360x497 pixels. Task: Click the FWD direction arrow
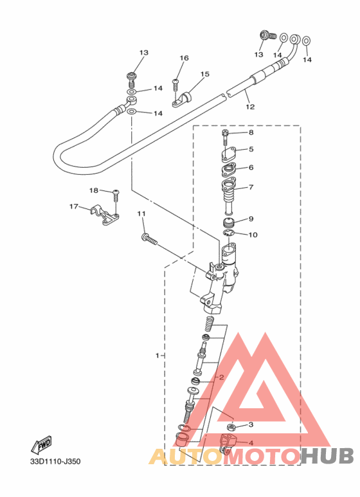coord(42,445)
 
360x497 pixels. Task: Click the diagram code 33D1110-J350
coord(55,461)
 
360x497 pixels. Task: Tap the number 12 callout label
coord(250,107)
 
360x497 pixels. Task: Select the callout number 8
coord(251,132)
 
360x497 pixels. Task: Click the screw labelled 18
coord(116,196)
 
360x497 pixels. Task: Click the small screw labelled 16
coord(175,85)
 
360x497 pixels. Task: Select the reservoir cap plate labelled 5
coord(228,154)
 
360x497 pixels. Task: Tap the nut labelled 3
coord(231,427)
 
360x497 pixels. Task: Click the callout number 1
coord(157,356)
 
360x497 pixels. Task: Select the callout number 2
coord(222,377)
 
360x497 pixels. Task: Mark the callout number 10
coord(253,235)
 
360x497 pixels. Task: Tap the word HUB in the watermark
coord(327,456)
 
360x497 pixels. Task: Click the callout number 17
coord(74,206)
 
